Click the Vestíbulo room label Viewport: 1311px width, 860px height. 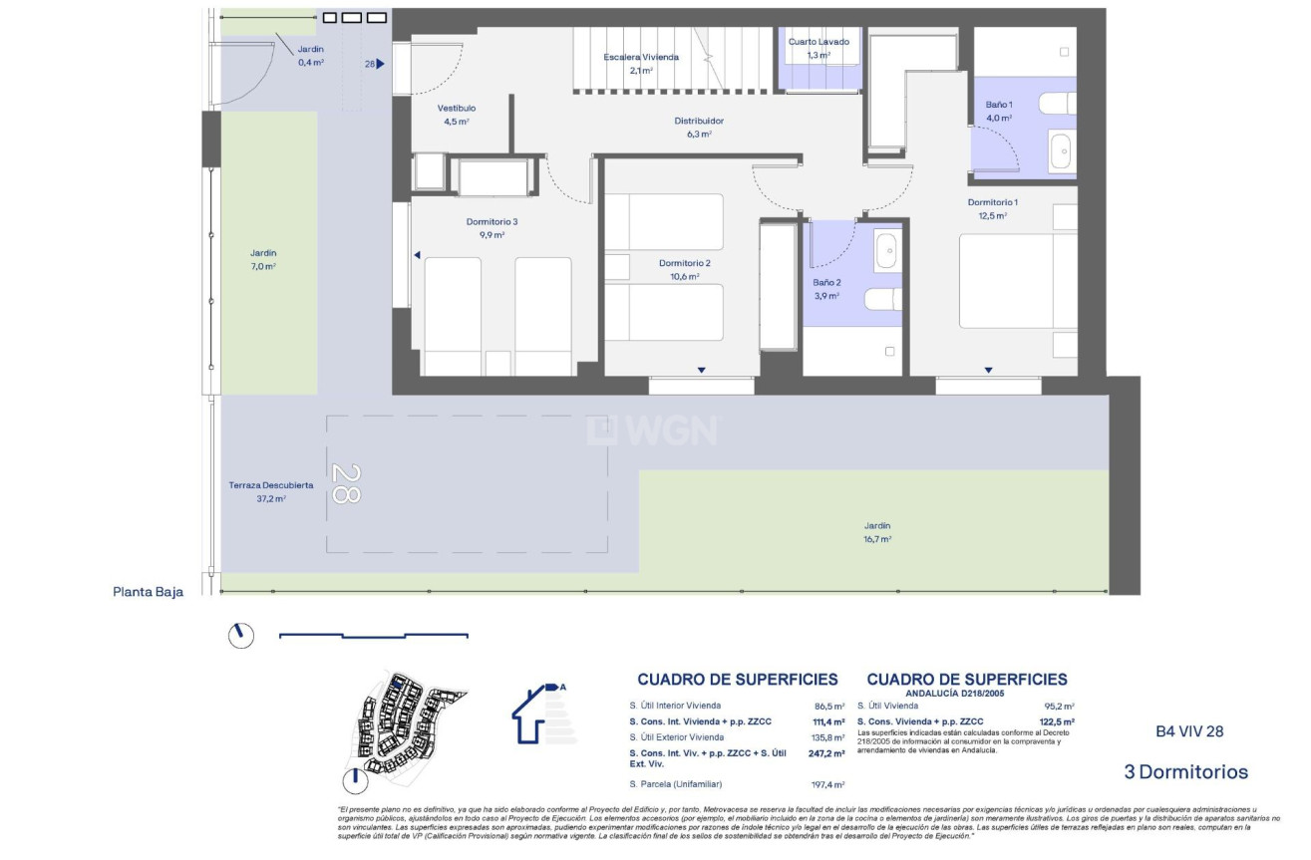456,108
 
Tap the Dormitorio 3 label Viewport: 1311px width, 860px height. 492,221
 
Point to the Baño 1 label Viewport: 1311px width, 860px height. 998,104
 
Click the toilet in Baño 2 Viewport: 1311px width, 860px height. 883,299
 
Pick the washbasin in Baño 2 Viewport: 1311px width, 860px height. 887,251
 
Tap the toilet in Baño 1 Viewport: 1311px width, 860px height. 1057,103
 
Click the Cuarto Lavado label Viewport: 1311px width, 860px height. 819,42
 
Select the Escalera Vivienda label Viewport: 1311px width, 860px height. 641,57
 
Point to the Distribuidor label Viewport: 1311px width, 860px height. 699,121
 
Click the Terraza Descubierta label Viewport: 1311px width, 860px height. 271,485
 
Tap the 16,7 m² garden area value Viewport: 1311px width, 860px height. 877,539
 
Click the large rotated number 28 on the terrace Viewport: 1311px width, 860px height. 345,485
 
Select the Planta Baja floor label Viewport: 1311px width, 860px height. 149,591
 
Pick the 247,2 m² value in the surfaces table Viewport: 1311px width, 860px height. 828,754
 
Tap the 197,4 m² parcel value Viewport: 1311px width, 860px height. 828,785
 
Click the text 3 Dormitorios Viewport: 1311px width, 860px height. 1185,771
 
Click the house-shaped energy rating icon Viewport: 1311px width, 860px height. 539,713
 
